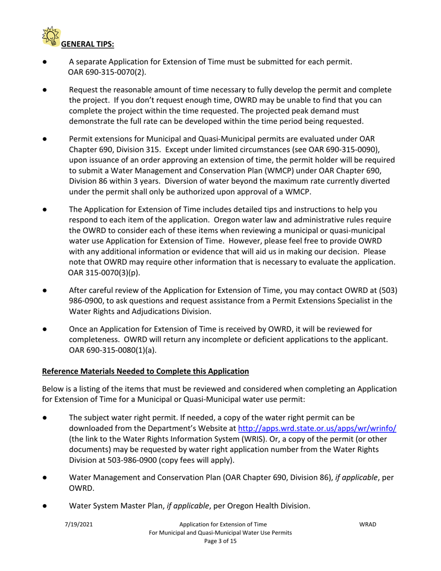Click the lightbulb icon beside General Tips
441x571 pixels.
tap(51, 36)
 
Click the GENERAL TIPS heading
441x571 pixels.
tap(88, 44)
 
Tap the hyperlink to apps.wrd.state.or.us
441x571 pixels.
tap(317, 428)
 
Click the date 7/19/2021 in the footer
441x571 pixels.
tap(78, 524)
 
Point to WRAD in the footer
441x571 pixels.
tap(368, 524)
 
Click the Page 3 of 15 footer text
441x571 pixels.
tap(220, 541)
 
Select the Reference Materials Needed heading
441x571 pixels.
tap(145, 371)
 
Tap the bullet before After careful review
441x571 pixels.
tap(45, 291)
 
